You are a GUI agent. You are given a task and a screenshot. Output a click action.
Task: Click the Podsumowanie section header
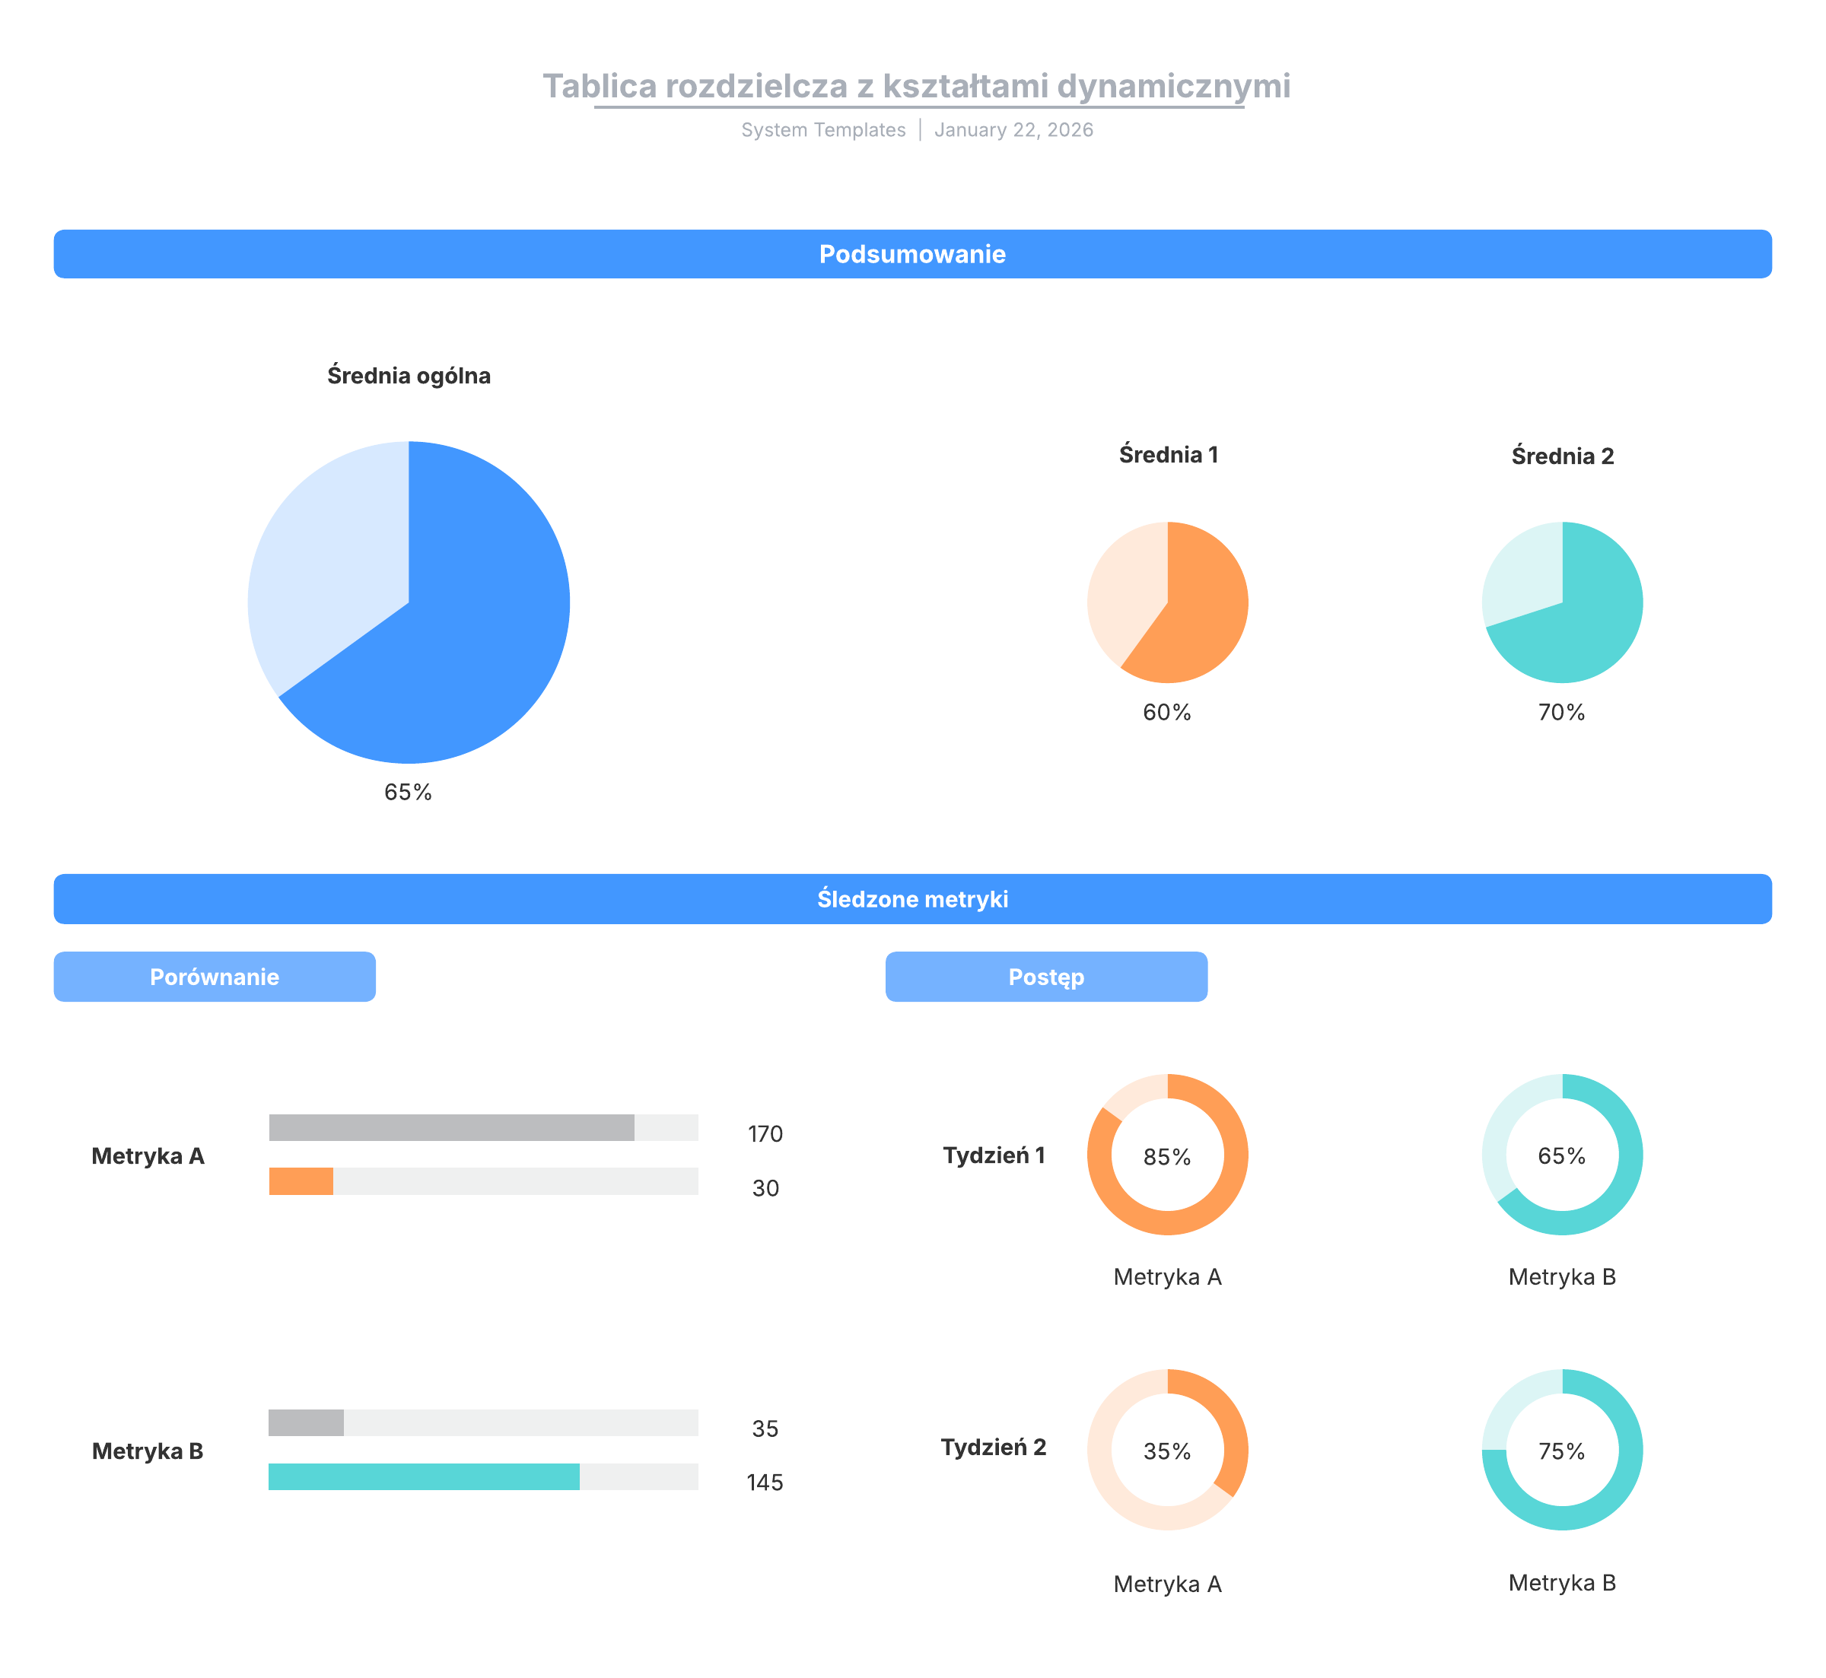pyautogui.click(x=911, y=254)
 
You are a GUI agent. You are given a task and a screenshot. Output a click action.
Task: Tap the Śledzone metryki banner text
pyautogui.click(x=911, y=899)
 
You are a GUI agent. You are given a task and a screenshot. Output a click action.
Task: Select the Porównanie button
pyautogui.click(x=215, y=977)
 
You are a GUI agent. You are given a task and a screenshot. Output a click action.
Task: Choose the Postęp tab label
pyautogui.click(x=1046, y=977)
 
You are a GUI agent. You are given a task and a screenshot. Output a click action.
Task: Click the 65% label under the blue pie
pyautogui.click(x=408, y=792)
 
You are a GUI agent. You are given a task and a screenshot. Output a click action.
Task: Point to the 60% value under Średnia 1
pyautogui.click(x=1167, y=712)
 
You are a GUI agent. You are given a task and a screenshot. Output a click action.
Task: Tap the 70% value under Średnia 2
pyautogui.click(x=1561, y=712)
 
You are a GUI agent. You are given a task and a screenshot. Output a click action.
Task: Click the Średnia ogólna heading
pyautogui.click(x=409, y=376)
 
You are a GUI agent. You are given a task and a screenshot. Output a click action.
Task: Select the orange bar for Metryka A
pyautogui.click(x=301, y=1181)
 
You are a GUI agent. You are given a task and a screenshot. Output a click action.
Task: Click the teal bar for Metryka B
pyautogui.click(x=424, y=1476)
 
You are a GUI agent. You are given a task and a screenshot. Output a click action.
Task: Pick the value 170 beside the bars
pyautogui.click(x=765, y=1134)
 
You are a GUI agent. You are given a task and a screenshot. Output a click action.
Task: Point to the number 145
pyautogui.click(x=765, y=1483)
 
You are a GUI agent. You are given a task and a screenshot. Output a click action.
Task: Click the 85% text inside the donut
pyautogui.click(x=1167, y=1157)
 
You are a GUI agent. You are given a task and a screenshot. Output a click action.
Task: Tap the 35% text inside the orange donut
pyautogui.click(x=1167, y=1451)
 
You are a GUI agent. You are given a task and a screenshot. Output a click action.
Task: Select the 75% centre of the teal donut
pyautogui.click(x=1561, y=1451)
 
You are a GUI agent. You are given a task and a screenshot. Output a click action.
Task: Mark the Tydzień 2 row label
pyautogui.click(x=994, y=1447)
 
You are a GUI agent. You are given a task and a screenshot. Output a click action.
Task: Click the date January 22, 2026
pyautogui.click(x=1013, y=130)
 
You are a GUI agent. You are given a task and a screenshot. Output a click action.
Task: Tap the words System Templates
pyautogui.click(x=822, y=130)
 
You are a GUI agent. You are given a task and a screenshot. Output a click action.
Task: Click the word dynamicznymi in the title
pyautogui.click(x=1173, y=86)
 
